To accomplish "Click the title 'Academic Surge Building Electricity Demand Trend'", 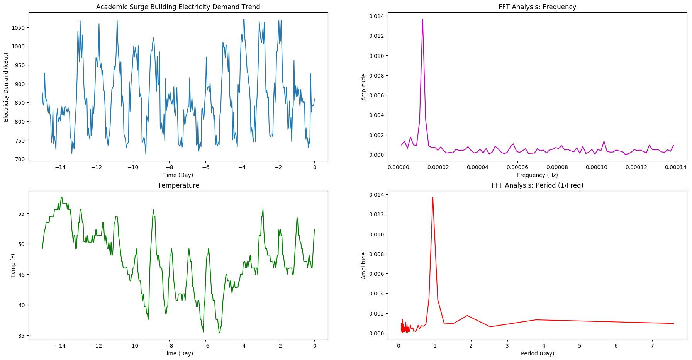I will (178, 7).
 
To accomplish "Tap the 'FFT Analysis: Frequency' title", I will (537, 7).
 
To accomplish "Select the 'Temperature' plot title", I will (178, 185).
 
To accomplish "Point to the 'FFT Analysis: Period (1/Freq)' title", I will (537, 185).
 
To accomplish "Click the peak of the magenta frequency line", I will (422, 19).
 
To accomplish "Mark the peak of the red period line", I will (432, 197).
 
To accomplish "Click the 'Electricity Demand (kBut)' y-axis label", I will (6, 87).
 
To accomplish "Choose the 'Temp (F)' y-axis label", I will (13, 265).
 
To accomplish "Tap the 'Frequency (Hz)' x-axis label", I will (537, 175).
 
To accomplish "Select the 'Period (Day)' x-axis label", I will (537, 353).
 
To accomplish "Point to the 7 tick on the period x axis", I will (652, 346).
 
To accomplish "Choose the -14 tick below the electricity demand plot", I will (60, 167).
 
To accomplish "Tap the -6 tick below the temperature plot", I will (205, 346).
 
